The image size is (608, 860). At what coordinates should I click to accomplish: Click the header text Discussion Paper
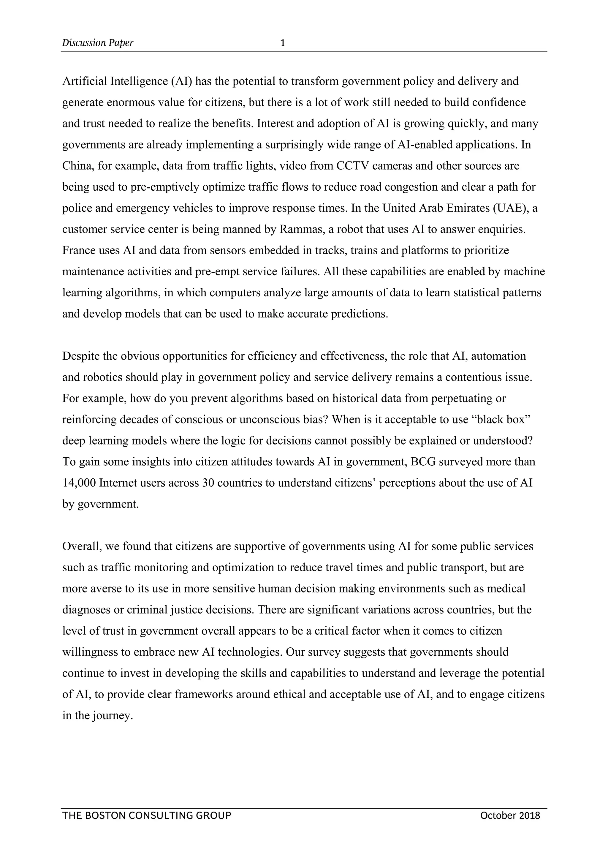pyautogui.click(x=98, y=43)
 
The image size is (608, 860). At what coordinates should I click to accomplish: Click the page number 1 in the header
pyautogui.click(x=283, y=43)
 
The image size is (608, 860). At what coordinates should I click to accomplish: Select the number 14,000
pyautogui.click(x=79, y=483)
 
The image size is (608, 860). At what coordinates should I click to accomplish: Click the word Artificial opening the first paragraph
pyautogui.click(x=85, y=81)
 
